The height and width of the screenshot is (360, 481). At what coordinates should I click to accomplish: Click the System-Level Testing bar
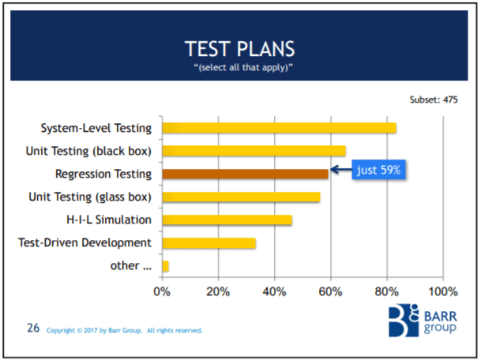[279, 128]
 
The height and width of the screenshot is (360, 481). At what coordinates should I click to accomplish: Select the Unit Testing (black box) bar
[254, 151]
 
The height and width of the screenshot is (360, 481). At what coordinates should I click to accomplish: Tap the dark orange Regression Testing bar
[245, 174]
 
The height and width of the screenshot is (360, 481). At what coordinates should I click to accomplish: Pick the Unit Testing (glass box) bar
[241, 197]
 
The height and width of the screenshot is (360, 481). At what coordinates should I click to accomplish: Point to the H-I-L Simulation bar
[227, 219]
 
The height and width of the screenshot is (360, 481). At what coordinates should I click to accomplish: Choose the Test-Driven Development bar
[209, 243]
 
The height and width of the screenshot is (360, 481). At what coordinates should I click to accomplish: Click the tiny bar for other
[165, 266]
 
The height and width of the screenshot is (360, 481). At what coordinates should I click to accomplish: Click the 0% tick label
[162, 291]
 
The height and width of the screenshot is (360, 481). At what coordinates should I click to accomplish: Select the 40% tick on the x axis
[274, 291]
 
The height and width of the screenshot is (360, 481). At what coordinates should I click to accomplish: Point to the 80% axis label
[386, 291]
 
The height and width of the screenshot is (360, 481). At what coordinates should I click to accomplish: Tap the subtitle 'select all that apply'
[239, 69]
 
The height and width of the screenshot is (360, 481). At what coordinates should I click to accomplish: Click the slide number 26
[33, 328]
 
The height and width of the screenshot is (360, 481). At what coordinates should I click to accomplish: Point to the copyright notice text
[125, 330]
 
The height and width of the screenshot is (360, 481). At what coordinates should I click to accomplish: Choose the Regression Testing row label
[103, 174]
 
